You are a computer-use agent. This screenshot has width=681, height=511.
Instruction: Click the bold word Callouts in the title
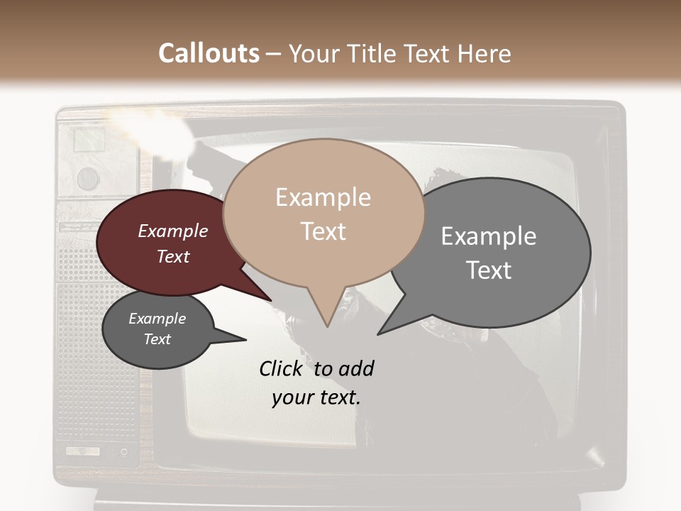coord(209,53)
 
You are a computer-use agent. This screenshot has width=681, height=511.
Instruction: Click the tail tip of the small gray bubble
coord(245,340)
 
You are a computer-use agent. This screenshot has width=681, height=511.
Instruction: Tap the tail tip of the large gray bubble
coord(378,334)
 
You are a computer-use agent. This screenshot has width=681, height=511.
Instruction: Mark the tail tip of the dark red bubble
coord(272,300)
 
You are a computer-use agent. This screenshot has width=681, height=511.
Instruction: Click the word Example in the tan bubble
coord(323,197)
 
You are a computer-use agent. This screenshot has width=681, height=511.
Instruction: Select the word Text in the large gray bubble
coord(489,270)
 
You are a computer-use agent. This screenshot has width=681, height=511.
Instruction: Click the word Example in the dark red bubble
coord(172,231)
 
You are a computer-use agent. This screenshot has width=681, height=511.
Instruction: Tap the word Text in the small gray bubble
coord(157,339)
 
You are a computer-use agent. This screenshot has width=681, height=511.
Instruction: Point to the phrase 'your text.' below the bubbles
coord(316,397)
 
